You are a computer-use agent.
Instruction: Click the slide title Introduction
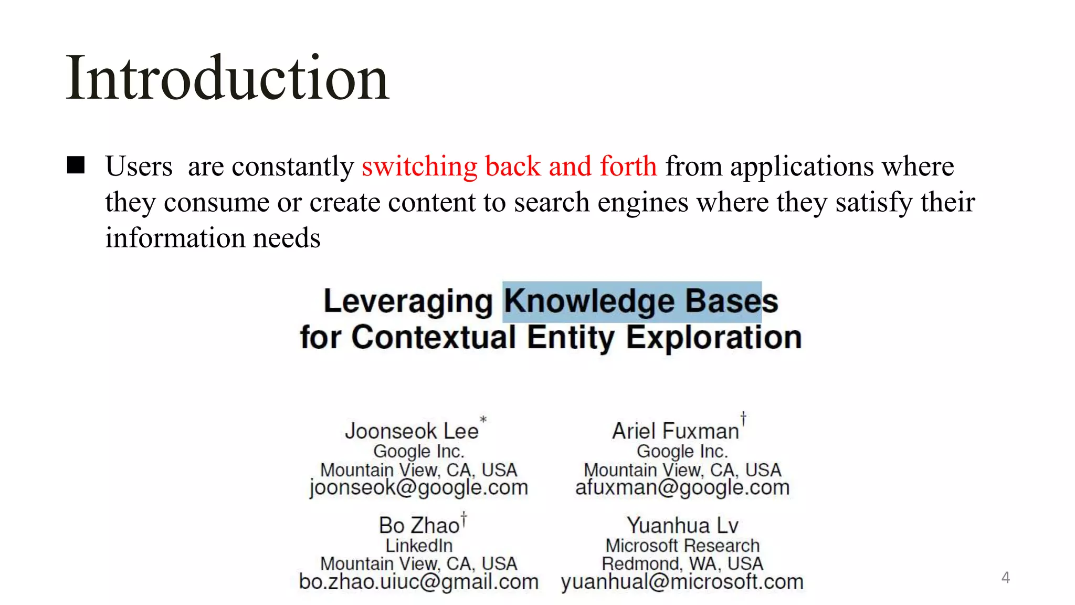[227, 79]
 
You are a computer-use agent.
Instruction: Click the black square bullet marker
[76, 165]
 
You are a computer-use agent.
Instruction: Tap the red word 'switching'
[419, 166]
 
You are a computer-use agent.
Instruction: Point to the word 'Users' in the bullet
[139, 166]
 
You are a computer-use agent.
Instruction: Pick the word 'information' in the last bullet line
[175, 238]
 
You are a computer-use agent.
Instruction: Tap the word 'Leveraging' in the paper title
[408, 301]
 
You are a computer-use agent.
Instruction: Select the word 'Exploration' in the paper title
[713, 337]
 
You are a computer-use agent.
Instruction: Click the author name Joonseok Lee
[412, 431]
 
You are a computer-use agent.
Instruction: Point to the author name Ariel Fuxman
[676, 431]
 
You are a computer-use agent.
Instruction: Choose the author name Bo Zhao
[419, 526]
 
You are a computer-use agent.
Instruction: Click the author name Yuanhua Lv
[682, 526]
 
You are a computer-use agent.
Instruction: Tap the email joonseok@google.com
[418, 487]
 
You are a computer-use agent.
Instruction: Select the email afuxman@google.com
[682, 487]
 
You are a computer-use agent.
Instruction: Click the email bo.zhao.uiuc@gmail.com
[418, 581]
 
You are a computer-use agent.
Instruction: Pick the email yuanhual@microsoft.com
[682, 581]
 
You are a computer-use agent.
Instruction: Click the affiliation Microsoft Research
[682, 546]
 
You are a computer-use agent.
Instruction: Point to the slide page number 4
[1005, 578]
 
